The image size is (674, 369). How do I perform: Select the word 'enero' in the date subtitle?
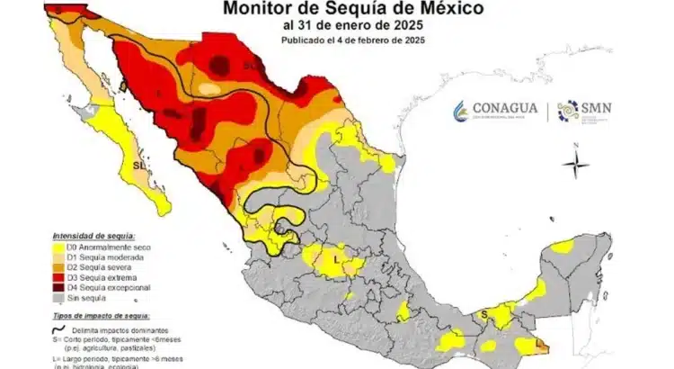coord(343,26)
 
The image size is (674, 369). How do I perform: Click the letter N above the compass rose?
coord(575,144)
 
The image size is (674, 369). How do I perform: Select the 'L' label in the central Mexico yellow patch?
coord(335,259)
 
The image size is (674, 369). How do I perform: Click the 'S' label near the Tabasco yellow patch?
coord(483,313)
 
